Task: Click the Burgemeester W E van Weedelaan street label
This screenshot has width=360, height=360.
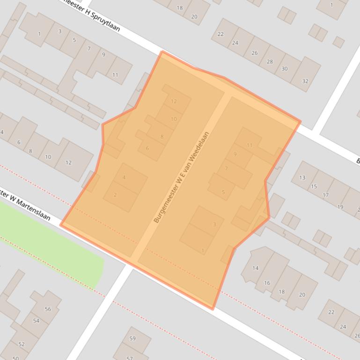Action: pyautogui.click(x=181, y=177)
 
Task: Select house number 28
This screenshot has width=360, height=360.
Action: pyautogui.click(x=270, y=61)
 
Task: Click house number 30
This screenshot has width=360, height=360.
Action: pyautogui.click(x=285, y=69)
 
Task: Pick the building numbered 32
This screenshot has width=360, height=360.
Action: pyautogui.click(x=305, y=81)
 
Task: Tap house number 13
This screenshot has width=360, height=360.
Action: pyautogui.click(x=302, y=178)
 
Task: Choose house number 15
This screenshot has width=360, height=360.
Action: pyautogui.click(x=314, y=187)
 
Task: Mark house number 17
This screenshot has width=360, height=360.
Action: pyautogui.click(x=325, y=195)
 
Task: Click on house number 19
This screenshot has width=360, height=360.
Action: pyautogui.click(x=340, y=207)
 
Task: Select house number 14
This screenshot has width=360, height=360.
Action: pyautogui.click(x=256, y=268)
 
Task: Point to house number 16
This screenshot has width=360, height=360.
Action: pyautogui.click(x=267, y=283)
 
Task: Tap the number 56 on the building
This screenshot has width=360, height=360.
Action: pyautogui.click(x=48, y=309)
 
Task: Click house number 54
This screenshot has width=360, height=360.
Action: pyautogui.click(x=37, y=321)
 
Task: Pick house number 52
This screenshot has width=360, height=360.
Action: pyautogui.click(x=22, y=344)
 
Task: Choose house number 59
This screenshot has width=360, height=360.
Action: pyautogui.click(x=132, y=338)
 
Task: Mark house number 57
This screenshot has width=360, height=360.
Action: pyautogui.click(x=130, y=358)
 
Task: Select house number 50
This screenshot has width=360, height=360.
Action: pyautogui.click(x=15, y=358)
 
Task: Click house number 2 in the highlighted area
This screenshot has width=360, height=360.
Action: pyautogui.click(x=115, y=195)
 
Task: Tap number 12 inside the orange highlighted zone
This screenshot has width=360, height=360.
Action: pyautogui.click(x=174, y=101)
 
